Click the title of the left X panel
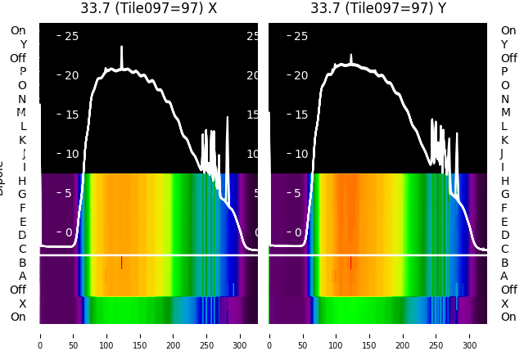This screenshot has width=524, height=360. click(148, 8)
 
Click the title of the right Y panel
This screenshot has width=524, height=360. click(378, 8)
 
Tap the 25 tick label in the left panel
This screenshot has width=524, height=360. click(71, 36)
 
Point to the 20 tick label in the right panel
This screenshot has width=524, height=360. click(300, 75)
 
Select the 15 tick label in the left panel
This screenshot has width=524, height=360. click(71, 115)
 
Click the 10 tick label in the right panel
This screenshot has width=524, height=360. click(300, 154)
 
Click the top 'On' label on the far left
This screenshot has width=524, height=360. click(18, 30)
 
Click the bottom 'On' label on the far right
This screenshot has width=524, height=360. click(508, 317)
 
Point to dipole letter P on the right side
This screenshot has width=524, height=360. click(504, 71)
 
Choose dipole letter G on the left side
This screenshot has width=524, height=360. click(22, 194)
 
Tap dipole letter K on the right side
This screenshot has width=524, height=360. click(504, 140)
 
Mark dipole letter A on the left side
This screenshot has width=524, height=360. click(22, 276)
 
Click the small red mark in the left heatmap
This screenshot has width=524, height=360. click(122, 263)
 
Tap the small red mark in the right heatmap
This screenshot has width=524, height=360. click(351, 263)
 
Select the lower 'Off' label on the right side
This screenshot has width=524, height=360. click(508, 290)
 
